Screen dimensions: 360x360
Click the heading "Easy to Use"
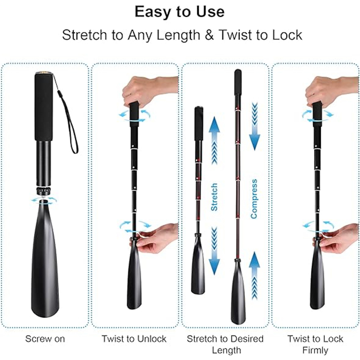(x=179, y=12)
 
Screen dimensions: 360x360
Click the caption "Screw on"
(x=45, y=339)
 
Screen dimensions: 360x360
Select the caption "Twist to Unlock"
(x=134, y=339)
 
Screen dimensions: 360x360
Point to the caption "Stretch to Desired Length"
(x=225, y=344)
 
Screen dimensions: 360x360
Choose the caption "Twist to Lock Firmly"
(x=315, y=344)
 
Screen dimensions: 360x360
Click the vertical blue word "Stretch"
(x=215, y=197)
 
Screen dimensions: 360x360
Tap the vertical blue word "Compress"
(x=254, y=199)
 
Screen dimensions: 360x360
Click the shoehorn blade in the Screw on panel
(x=45, y=260)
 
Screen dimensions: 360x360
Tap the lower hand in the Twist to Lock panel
(x=338, y=238)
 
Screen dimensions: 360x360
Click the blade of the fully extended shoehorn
(x=238, y=292)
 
